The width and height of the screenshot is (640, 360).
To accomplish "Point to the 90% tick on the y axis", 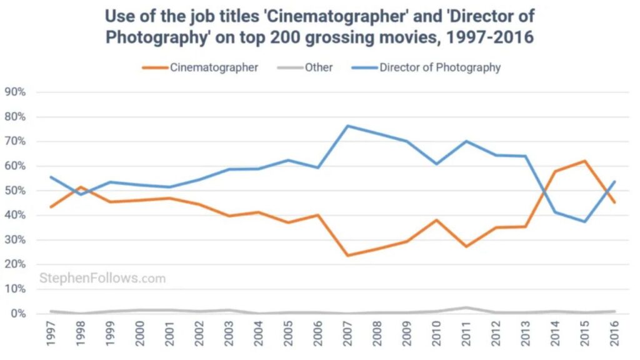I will coord(15,92).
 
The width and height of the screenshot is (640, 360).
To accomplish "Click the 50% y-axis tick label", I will coord(15,191).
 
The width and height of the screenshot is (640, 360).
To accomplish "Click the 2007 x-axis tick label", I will coord(347,335).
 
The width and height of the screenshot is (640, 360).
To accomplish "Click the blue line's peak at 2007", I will coord(347,126).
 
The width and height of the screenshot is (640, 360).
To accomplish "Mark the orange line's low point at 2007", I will coord(347,256).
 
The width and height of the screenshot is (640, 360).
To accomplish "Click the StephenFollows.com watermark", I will coord(102,278).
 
